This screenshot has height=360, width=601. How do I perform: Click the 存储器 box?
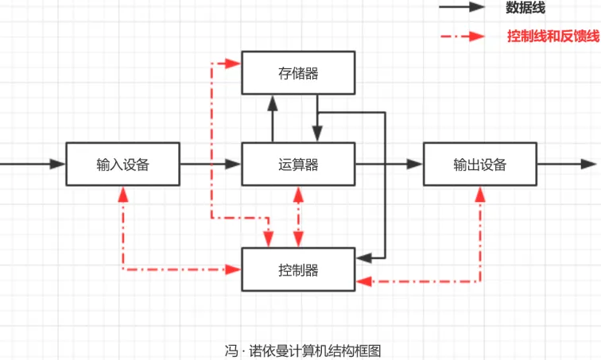pyautogui.click(x=298, y=73)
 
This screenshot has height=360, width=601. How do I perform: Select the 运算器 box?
pyautogui.click(x=298, y=165)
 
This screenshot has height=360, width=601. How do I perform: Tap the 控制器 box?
pyautogui.click(x=298, y=269)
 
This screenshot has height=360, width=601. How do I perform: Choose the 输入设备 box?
pyautogui.click(x=122, y=165)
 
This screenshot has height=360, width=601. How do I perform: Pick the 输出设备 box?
pyautogui.click(x=479, y=165)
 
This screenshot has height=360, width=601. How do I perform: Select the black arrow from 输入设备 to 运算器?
pyautogui.click(x=210, y=165)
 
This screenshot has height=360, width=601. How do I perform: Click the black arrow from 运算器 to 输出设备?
pyautogui.click(x=389, y=165)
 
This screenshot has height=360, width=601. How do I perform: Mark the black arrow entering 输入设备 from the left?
pyautogui.click(x=32, y=165)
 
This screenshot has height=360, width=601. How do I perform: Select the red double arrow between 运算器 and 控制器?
pyautogui.click(x=298, y=216)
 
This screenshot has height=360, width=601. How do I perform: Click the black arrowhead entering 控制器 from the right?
pyautogui.click(x=362, y=257)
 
